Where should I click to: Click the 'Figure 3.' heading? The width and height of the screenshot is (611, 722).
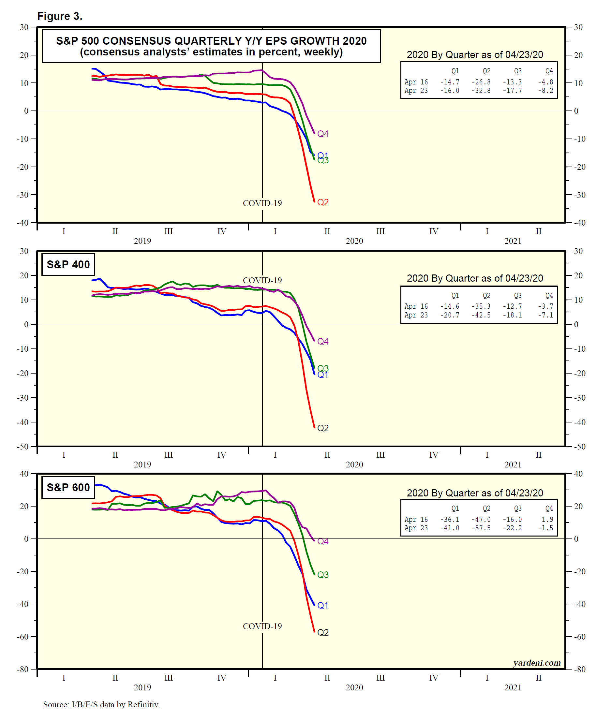60,16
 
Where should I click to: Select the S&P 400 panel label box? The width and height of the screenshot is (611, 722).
68,265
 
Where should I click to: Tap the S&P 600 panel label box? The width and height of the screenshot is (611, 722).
68,487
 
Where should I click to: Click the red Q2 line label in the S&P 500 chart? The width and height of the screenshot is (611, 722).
323,202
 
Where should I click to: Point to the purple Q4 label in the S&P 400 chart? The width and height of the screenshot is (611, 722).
323,341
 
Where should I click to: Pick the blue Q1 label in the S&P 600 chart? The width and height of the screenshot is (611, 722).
322,605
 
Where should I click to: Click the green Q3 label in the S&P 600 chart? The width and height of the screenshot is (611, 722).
323,575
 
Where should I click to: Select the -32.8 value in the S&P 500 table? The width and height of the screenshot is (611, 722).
481,91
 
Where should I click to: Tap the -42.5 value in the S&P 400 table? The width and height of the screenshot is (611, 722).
481,315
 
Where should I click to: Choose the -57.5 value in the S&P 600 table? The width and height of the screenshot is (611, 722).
481,528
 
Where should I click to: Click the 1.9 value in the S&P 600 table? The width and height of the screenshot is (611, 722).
547,520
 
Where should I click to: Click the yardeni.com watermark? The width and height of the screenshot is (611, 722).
537,663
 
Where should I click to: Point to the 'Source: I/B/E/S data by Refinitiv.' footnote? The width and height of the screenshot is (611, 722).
101,704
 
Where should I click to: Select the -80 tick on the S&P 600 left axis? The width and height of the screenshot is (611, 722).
23,669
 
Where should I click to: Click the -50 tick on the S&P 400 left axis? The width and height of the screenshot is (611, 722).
23,446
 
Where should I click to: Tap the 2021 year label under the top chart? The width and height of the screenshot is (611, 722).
513,241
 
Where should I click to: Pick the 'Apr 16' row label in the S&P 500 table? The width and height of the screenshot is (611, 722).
416,82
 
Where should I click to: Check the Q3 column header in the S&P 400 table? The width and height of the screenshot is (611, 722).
517,296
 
